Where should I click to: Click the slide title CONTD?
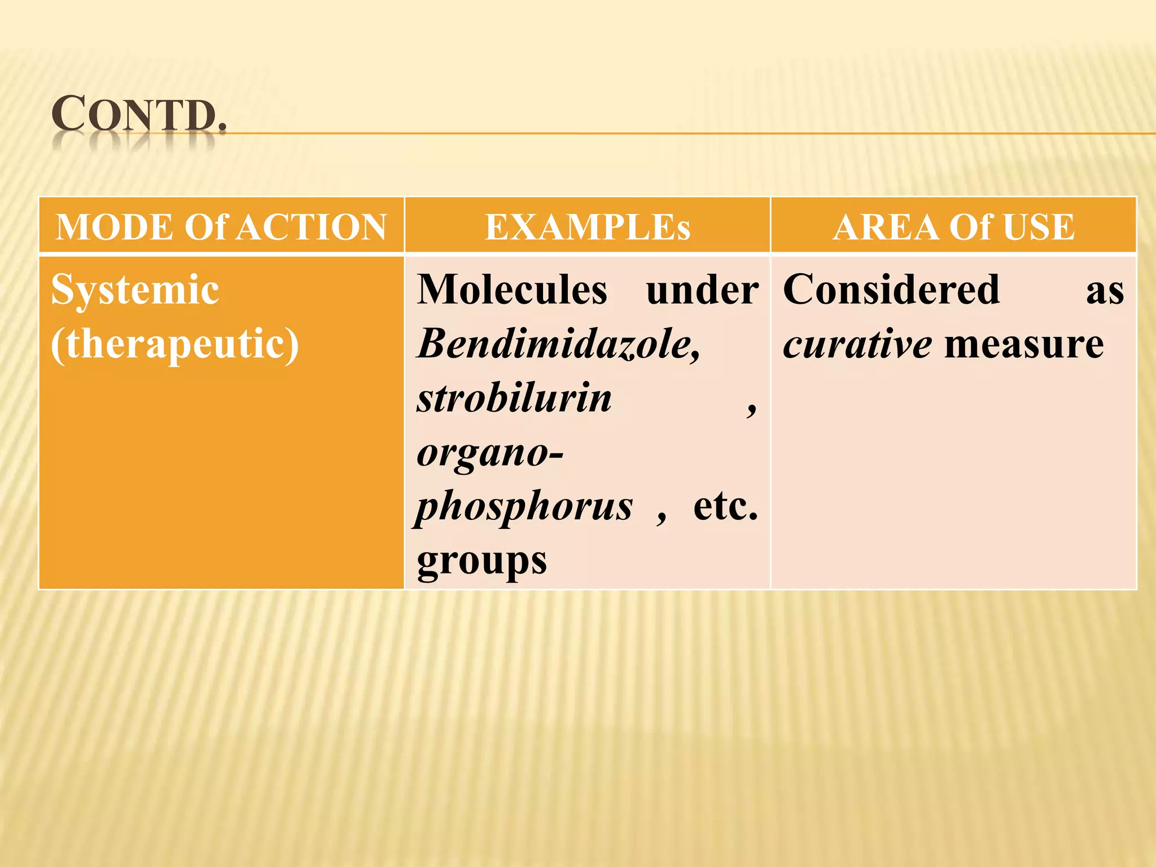(x=138, y=115)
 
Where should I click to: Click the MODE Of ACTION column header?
(x=221, y=227)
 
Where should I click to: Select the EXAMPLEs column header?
(x=587, y=227)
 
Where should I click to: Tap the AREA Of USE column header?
(x=953, y=227)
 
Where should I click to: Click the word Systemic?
(x=135, y=290)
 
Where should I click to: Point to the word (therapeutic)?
(x=175, y=344)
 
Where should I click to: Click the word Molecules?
(x=512, y=290)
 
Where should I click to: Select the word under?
(x=702, y=290)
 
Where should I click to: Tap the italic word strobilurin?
(x=514, y=398)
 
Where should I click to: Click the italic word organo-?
(x=490, y=452)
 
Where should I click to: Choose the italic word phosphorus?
(x=524, y=506)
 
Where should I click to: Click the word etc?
(x=725, y=506)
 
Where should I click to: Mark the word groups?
(x=482, y=561)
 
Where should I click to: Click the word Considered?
(x=891, y=290)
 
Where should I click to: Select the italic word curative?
(x=857, y=344)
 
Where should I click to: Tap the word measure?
(x=1024, y=344)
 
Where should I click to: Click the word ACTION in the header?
(x=312, y=227)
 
